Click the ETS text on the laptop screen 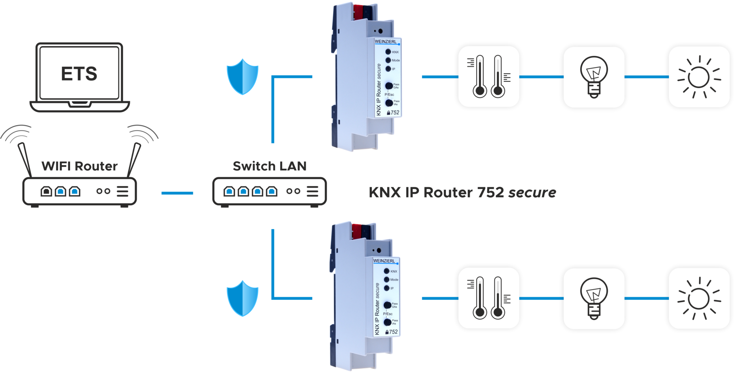point(79,74)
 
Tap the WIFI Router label point(79,166)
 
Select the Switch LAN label point(270,166)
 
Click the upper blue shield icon point(242,77)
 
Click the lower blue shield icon point(242,298)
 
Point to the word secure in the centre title point(532,193)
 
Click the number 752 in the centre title point(491,192)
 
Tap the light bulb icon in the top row point(594,77)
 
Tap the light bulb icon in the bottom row point(594,298)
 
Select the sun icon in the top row point(699,77)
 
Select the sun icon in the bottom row point(699,298)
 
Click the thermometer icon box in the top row point(489,76)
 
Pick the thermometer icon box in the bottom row point(489,298)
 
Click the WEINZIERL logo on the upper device point(385,41)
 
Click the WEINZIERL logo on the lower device point(384,261)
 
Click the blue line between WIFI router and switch point(177,193)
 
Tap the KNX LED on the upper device point(388,52)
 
